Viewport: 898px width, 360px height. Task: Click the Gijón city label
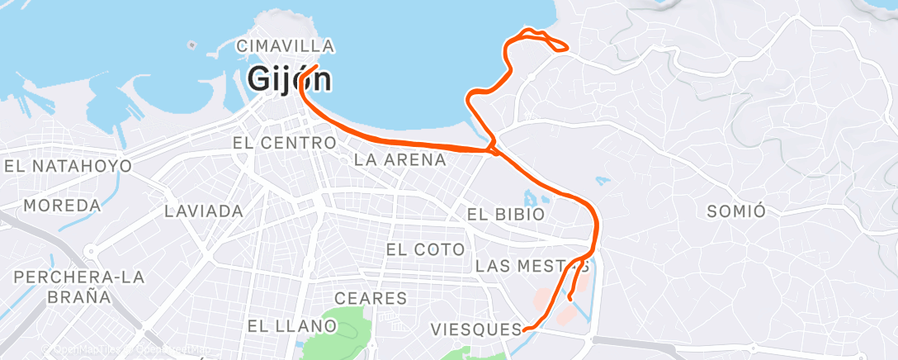(x=291, y=80)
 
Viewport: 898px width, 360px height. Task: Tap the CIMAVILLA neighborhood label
(x=285, y=46)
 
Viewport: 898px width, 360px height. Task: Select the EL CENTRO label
(x=284, y=143)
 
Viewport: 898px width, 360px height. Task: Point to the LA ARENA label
(x=399, y=159)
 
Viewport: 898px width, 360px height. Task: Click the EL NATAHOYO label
(x=68, y=166)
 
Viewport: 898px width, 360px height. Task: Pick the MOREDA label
(x=63, y=205)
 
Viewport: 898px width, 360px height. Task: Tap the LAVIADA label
(x=204, y=211)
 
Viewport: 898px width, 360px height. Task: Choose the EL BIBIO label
(x=506, y=214)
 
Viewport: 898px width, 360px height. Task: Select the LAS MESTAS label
(x=532, y=266)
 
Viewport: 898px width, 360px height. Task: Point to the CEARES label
(x=371, y=298)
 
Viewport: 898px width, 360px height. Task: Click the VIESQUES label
(x=476, y=330)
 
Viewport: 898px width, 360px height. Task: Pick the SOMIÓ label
(x=737, y=211)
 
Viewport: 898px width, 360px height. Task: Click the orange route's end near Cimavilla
(x=318, y=65)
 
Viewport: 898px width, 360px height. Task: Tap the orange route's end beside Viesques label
(x=525, y=329)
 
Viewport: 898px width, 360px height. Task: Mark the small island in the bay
(x=191, y=45)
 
